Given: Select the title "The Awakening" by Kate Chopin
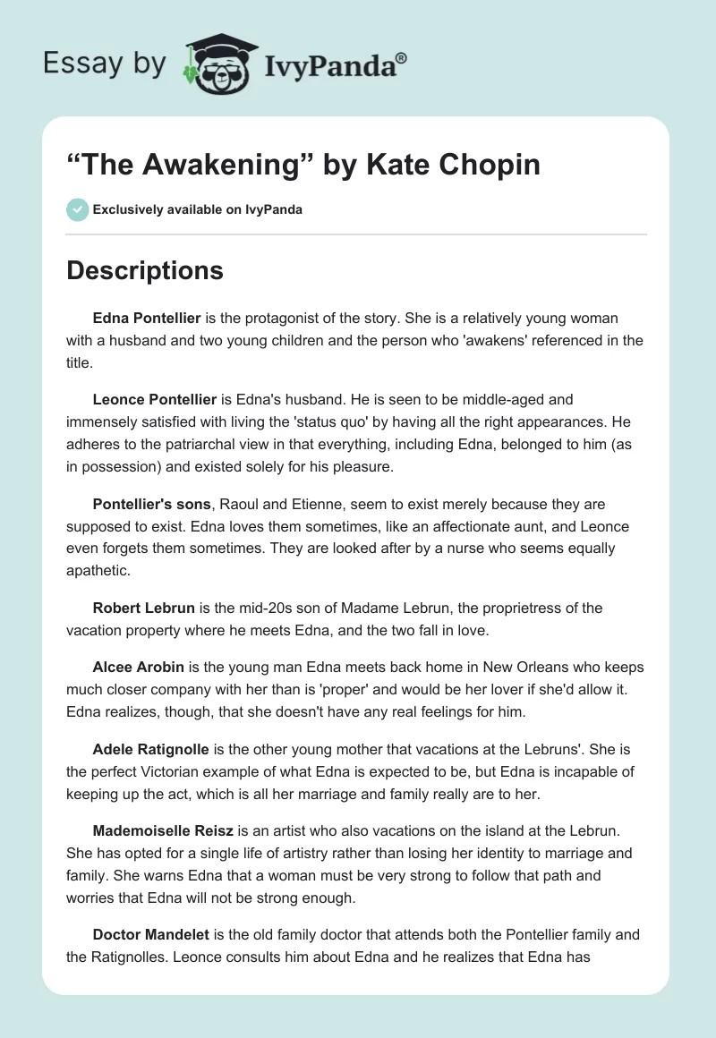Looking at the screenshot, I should click(x=303, y=165).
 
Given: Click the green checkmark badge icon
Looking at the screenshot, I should click(x=77, y=209).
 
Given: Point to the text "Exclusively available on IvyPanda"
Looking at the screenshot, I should click(x=197, y=210).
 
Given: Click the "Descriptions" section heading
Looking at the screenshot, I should click(x=145, y=270).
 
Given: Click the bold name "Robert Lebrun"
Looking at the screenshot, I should click(x=143, y=608).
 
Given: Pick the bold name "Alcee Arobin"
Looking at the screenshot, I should click(x=139, y=668).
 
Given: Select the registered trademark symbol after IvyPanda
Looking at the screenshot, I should click(x=402, y=58).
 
